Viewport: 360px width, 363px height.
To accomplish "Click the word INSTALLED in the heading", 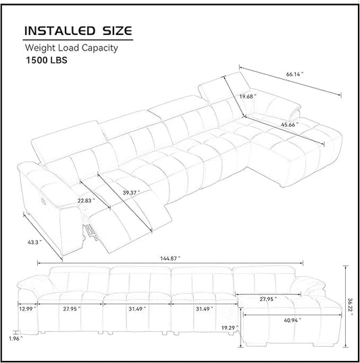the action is click(x=60, y=31).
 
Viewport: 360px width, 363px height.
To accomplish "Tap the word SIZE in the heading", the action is click(x=118, y=31).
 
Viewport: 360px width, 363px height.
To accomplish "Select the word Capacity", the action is click(x=100, y=48).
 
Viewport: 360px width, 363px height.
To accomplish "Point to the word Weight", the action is click(x=40, y=48).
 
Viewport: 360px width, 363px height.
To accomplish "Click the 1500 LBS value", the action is click(x=47, y=60).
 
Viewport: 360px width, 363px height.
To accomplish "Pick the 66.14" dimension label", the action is click(x=294, y=74).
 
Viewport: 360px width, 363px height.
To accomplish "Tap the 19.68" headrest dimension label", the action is click(x=248, y=96).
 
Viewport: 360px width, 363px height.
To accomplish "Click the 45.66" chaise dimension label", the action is click(x=290, y=125).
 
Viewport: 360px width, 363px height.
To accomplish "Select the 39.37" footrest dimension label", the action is click(x=131, y=192).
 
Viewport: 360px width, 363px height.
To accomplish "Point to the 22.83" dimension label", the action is click(x=86, y=200).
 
